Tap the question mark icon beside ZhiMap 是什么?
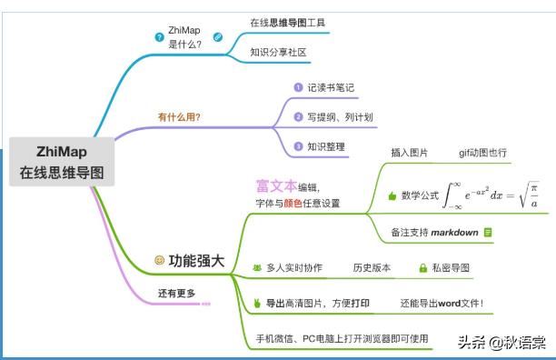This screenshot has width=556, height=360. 160,37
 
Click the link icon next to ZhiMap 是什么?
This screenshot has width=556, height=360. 218,37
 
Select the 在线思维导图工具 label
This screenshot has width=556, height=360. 287,21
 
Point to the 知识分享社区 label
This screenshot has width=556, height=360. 279,52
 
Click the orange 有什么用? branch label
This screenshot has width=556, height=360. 179,117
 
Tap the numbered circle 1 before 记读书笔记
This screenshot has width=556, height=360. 297,88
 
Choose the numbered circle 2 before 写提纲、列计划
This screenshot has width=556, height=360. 297,117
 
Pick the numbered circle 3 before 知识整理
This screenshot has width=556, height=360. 297,146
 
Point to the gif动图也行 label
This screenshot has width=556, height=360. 482,153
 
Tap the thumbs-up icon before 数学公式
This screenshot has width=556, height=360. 392,195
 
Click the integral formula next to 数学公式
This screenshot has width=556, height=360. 495,194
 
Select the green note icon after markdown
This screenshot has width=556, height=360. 488,232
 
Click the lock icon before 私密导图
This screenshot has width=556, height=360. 422,268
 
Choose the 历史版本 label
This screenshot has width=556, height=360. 372,268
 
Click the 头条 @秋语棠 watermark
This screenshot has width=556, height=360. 501,343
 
